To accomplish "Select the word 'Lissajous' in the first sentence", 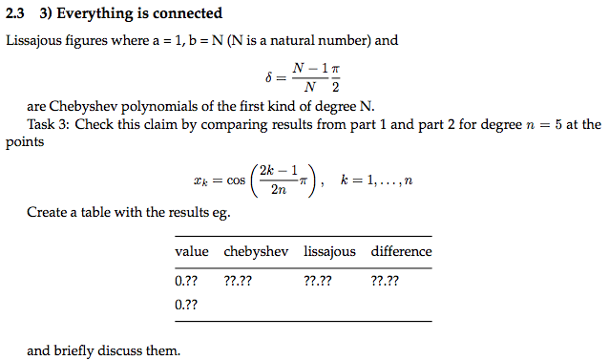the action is click(36, 41).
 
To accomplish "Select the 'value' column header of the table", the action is click(192, 252).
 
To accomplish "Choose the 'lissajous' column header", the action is click(329, 252).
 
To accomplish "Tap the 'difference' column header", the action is click(401, 252).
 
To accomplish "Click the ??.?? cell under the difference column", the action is click(386, 282).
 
